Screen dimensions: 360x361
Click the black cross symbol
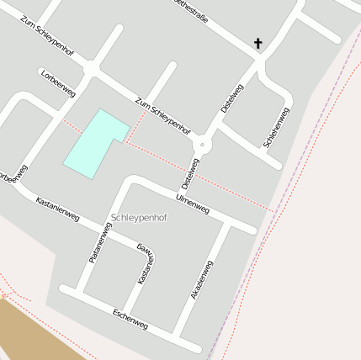(x=257, y=43)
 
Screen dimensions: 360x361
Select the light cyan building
(x=94, y=143)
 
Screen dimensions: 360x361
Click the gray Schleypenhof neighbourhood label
(x=139, y=218)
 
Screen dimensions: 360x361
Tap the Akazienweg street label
(x=202, y=281)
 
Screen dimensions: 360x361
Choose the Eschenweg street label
(x=130, y=319)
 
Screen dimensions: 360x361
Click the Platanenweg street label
(x=98, y=243)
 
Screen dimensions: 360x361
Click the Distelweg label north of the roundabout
(x=231, y=100)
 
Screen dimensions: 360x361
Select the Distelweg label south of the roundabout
(x=189, y=173)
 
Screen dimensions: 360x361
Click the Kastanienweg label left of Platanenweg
(x=57, y=210)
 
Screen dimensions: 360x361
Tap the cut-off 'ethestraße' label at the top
(x=190, y=11)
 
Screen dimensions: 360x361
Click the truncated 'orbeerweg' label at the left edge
(x=13, y=173)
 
